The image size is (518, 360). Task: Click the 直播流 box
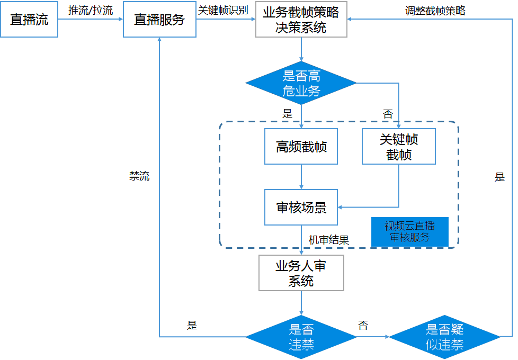click(29, 20)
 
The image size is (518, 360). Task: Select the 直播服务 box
click(159, 20)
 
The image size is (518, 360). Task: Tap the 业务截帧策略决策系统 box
click(301, 20)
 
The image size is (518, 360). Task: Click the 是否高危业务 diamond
click(301, 83)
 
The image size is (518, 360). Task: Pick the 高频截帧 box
click(301, 147)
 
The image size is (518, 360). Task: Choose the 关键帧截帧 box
click(398, 147)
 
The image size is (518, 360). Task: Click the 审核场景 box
click(301, 207)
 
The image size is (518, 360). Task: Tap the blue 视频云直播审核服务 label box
click(409, 232)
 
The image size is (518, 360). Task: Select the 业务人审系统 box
click(301, 273)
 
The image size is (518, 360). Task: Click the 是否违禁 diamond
click(301, 337)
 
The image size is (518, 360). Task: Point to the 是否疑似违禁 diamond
click(444, 337)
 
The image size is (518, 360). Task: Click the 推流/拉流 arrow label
click(91, 10)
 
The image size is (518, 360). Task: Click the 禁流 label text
click(139, 176)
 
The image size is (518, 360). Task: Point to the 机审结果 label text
click(329, 240)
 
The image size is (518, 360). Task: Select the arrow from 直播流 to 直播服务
click(91, 20)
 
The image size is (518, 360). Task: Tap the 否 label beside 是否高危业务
click(388, 113)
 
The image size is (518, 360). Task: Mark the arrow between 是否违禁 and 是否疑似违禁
click(373, 337)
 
